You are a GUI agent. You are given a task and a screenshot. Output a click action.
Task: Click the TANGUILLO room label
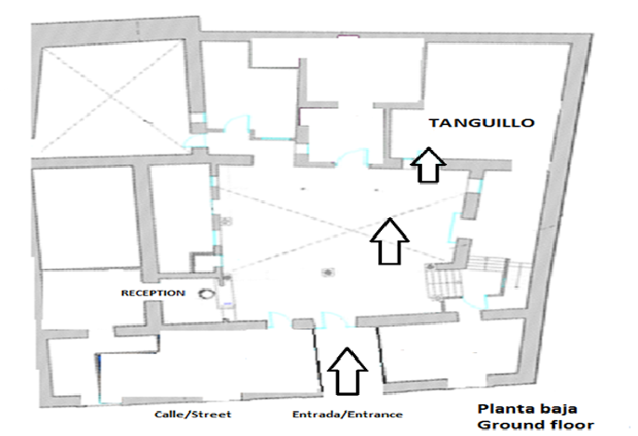pos(482,123)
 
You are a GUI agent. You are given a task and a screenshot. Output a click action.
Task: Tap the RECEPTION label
pos(153,293)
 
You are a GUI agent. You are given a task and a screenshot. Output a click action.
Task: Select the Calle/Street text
pos(193,415)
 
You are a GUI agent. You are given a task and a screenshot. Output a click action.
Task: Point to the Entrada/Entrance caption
pos(347,415)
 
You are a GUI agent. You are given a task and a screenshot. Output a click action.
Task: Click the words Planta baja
pos(527,408)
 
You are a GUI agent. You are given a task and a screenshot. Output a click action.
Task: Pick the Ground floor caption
pos(536,425)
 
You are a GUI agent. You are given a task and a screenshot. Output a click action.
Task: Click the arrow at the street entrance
pos(347,371)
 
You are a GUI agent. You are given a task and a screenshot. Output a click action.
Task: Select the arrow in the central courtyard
pos(389,241)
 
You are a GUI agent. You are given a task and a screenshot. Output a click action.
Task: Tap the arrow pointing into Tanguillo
pos(428,165)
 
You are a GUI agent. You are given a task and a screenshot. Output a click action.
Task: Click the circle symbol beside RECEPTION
pos(206,293)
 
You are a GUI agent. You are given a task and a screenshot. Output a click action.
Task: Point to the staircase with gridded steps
pos(444,281)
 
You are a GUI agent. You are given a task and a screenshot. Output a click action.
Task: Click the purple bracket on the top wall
pos(348,36)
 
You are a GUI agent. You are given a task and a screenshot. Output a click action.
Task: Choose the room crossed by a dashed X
pos(111,96)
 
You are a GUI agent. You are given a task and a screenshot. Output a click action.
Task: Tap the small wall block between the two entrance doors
pos(303,324)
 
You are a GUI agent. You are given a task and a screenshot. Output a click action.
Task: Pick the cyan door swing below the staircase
pos(475,302)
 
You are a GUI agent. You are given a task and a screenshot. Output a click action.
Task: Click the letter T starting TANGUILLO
pos(434,123)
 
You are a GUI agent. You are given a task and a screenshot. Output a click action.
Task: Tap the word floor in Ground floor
pos(572,425)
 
